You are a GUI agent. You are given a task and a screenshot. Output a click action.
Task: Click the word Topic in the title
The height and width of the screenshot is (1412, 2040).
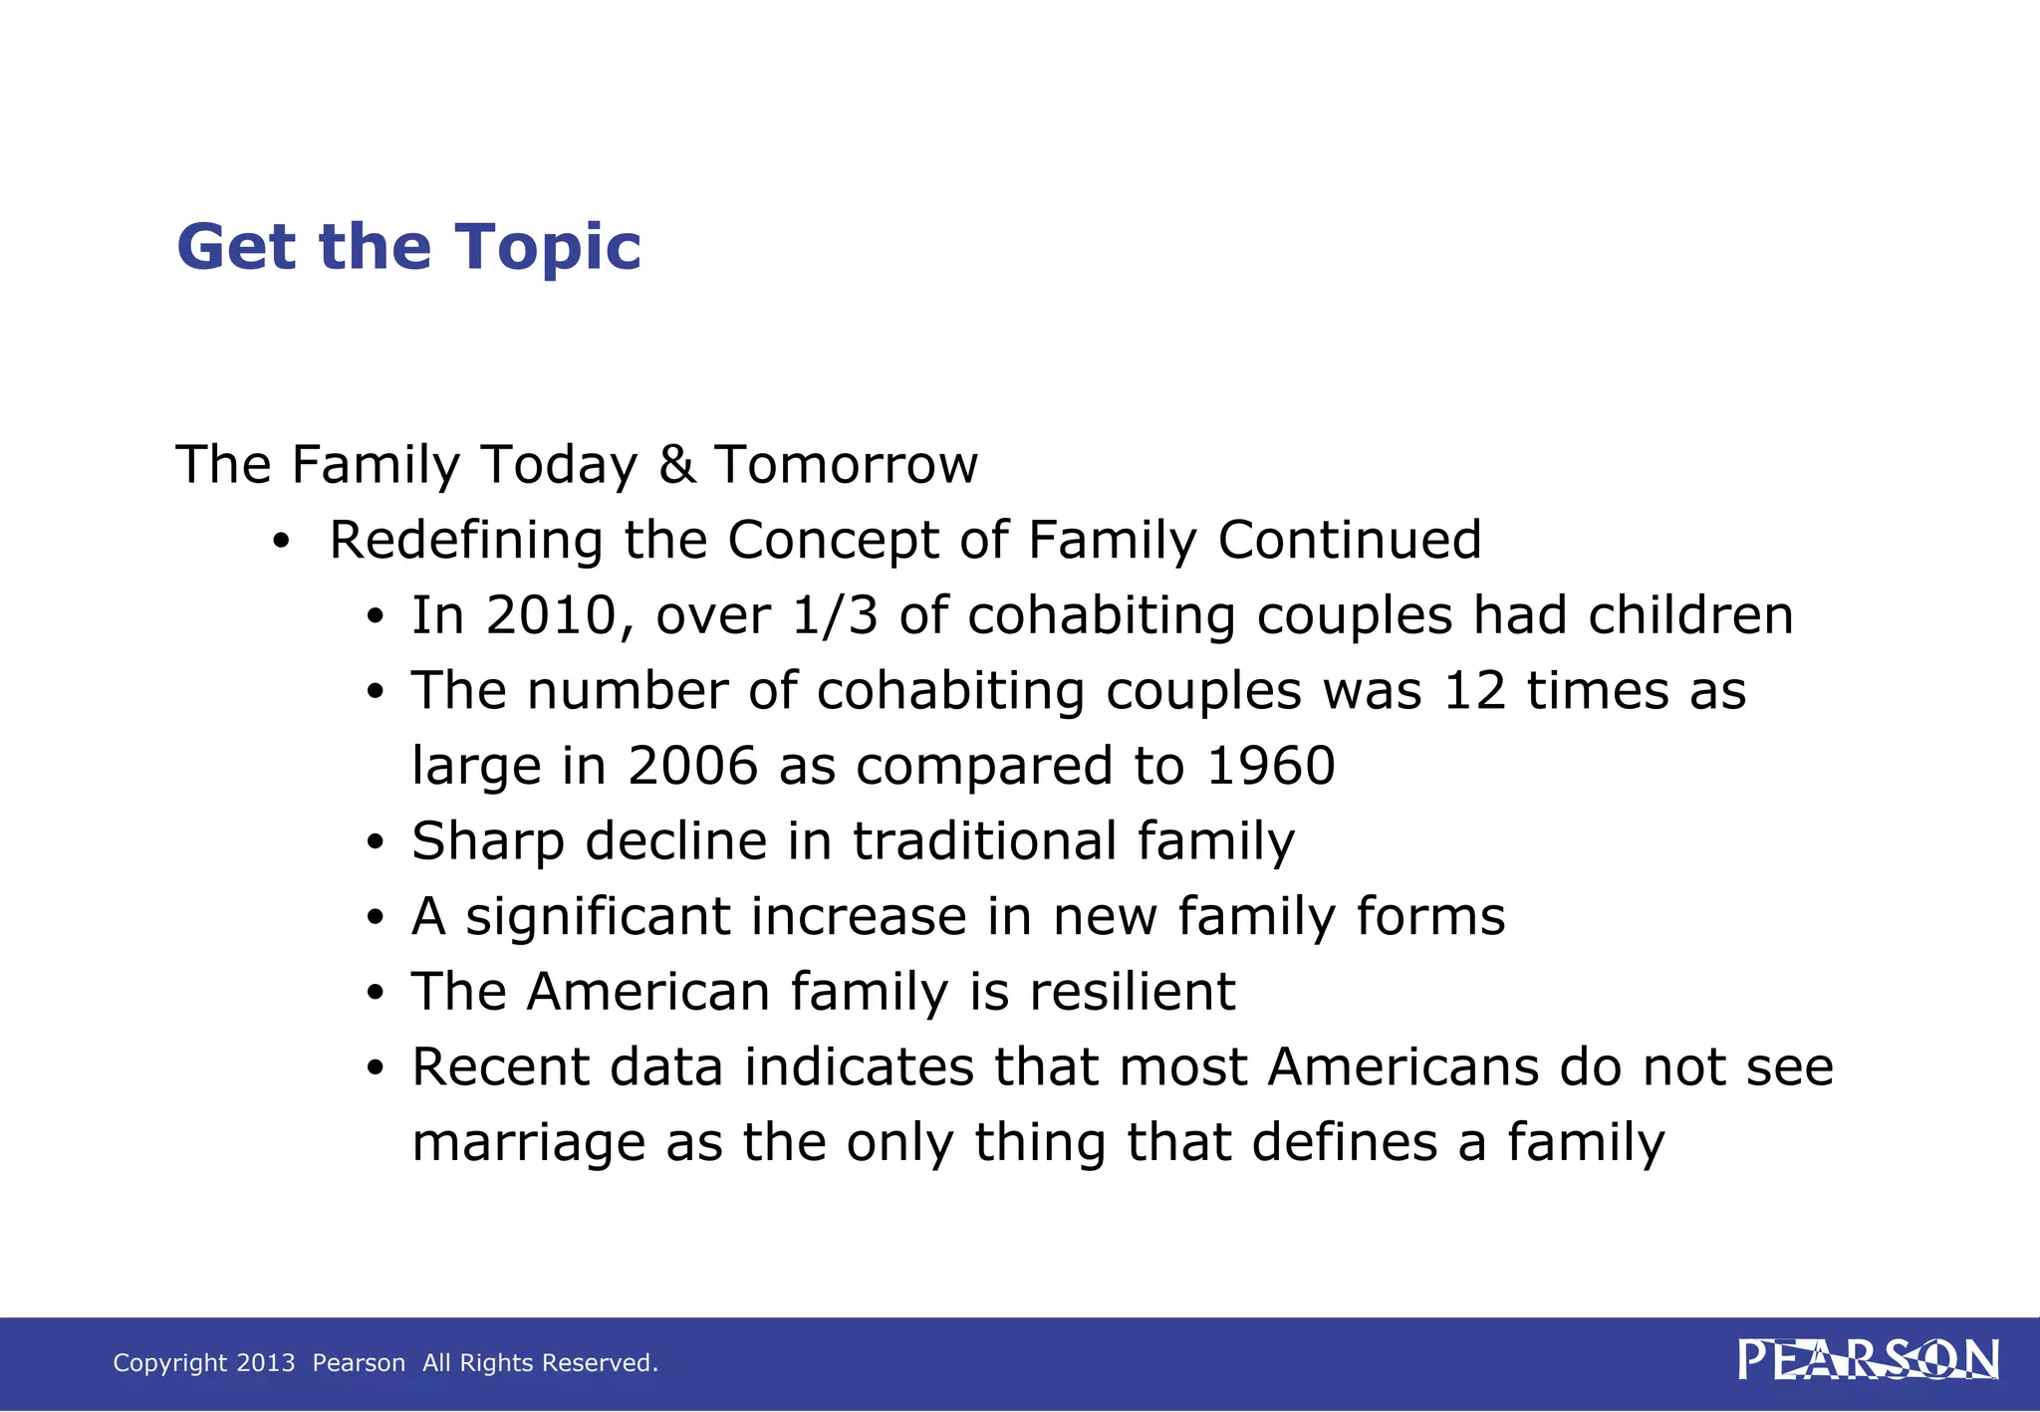click(x=548, y=248)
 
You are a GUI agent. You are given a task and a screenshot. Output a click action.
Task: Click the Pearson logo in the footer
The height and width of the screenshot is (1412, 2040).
click(x=1868, y=1360)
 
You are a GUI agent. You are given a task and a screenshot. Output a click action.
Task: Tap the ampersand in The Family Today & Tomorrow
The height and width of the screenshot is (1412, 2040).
click(x=676, y=465)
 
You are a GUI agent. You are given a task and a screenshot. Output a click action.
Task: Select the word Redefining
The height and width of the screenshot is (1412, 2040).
click(x=465, y=541)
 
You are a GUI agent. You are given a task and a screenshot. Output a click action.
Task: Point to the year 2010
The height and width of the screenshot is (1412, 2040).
click(x=549, y=615)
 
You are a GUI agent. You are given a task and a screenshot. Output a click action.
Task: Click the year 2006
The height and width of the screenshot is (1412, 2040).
click(x=692, y=766)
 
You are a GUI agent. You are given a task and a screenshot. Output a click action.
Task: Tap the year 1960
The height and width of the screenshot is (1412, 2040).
click(x=1270, y=766)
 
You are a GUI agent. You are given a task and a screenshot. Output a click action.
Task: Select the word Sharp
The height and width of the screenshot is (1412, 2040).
click(x=488, y=841)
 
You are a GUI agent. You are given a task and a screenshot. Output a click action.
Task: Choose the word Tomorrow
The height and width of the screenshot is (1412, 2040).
click(x=846, y=465)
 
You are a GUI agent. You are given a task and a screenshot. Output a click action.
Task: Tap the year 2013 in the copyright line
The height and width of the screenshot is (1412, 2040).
click(x=266, y=1362)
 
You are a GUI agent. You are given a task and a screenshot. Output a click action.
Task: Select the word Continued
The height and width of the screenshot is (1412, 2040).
click(x=1350, y=541)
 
